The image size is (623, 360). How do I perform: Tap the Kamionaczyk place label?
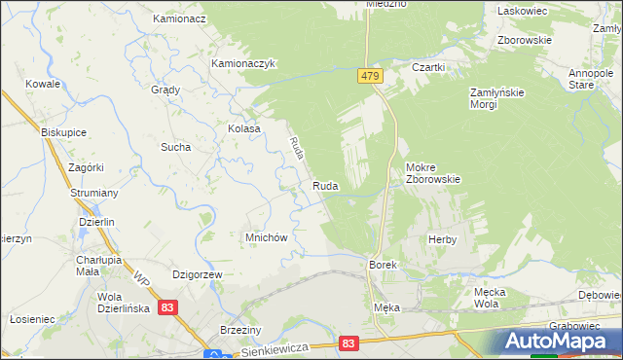[245, 64]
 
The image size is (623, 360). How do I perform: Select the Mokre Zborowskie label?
[432, 172]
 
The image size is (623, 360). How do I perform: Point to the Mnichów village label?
[265, 237]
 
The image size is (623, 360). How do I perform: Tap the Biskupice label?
[65, 131]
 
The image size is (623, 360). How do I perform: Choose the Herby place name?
[442, 239]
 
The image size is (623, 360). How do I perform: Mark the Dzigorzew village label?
[199, 275]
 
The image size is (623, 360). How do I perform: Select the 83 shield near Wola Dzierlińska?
[169, 307]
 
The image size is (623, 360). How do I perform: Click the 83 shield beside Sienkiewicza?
[350, 343]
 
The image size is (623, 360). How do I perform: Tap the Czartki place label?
[428, 67]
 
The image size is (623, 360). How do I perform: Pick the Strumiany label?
[94, 194]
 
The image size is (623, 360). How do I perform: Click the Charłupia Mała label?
[98, 266]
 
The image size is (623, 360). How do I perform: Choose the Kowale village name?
[44, 85]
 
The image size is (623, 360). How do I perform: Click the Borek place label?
[381, 265]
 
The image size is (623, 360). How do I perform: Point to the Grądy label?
[165, 90]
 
